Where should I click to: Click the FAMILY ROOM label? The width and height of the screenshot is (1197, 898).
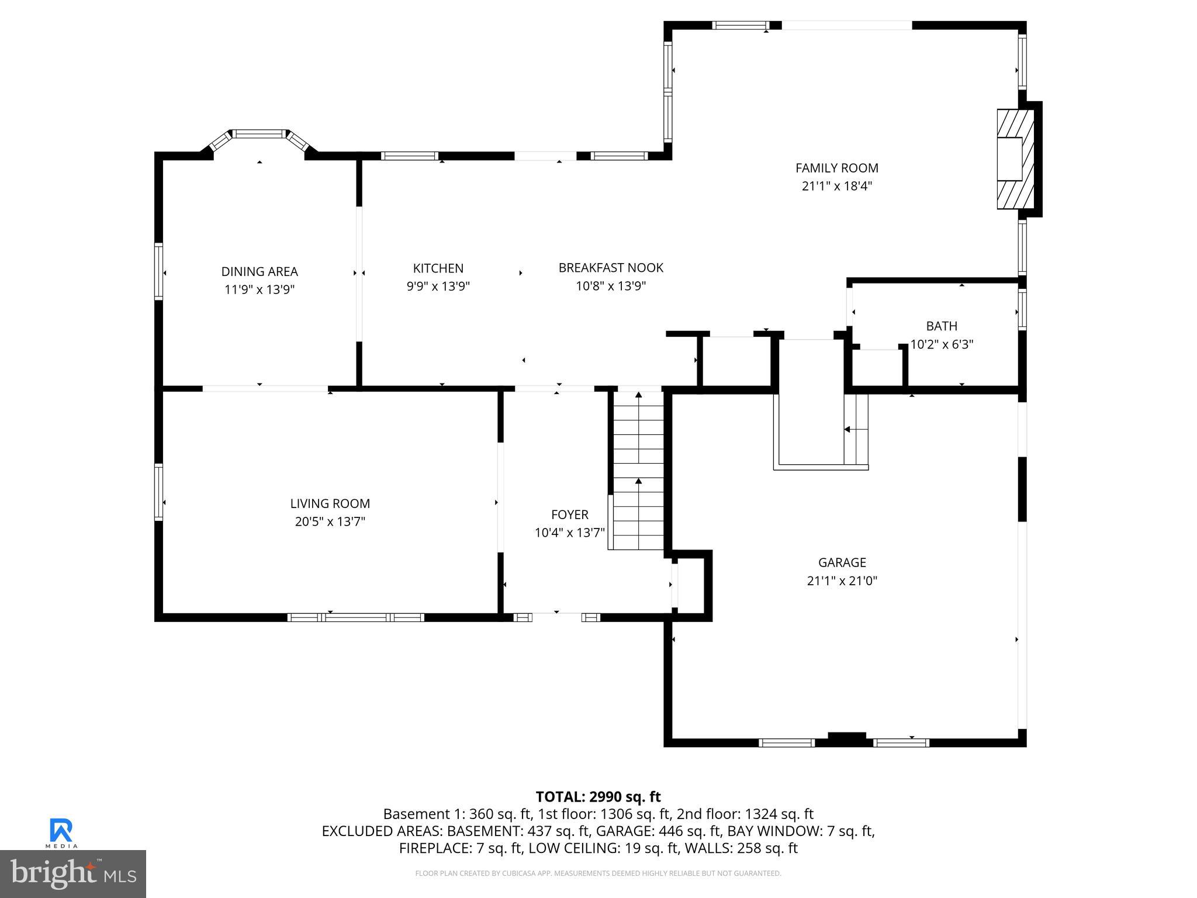point(836,168)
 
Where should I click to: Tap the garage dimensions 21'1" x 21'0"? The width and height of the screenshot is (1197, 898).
point(842,581)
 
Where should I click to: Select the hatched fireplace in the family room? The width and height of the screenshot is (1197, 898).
point(1015,159)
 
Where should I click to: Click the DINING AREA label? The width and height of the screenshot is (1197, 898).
point(260,271)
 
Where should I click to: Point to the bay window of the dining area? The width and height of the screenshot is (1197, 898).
point(259,135)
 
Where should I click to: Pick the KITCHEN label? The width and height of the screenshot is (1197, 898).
point(438,268)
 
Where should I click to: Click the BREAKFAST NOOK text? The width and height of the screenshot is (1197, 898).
point(611,268)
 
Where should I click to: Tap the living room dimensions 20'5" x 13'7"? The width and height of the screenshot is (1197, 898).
point(330,521)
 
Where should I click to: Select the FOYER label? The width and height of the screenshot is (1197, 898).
point(569,514)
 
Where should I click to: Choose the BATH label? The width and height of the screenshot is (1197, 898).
point(942,326)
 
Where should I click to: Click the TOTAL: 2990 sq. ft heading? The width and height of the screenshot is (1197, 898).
point(598,797)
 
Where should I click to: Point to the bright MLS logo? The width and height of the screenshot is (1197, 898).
point(73,873)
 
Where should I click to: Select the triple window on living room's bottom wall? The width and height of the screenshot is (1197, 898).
point(355,617)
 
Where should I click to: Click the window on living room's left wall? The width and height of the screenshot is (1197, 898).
point(158,492)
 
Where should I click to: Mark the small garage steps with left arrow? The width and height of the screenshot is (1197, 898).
point(856,430)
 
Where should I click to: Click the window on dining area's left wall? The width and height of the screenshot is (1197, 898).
point(158,272)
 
